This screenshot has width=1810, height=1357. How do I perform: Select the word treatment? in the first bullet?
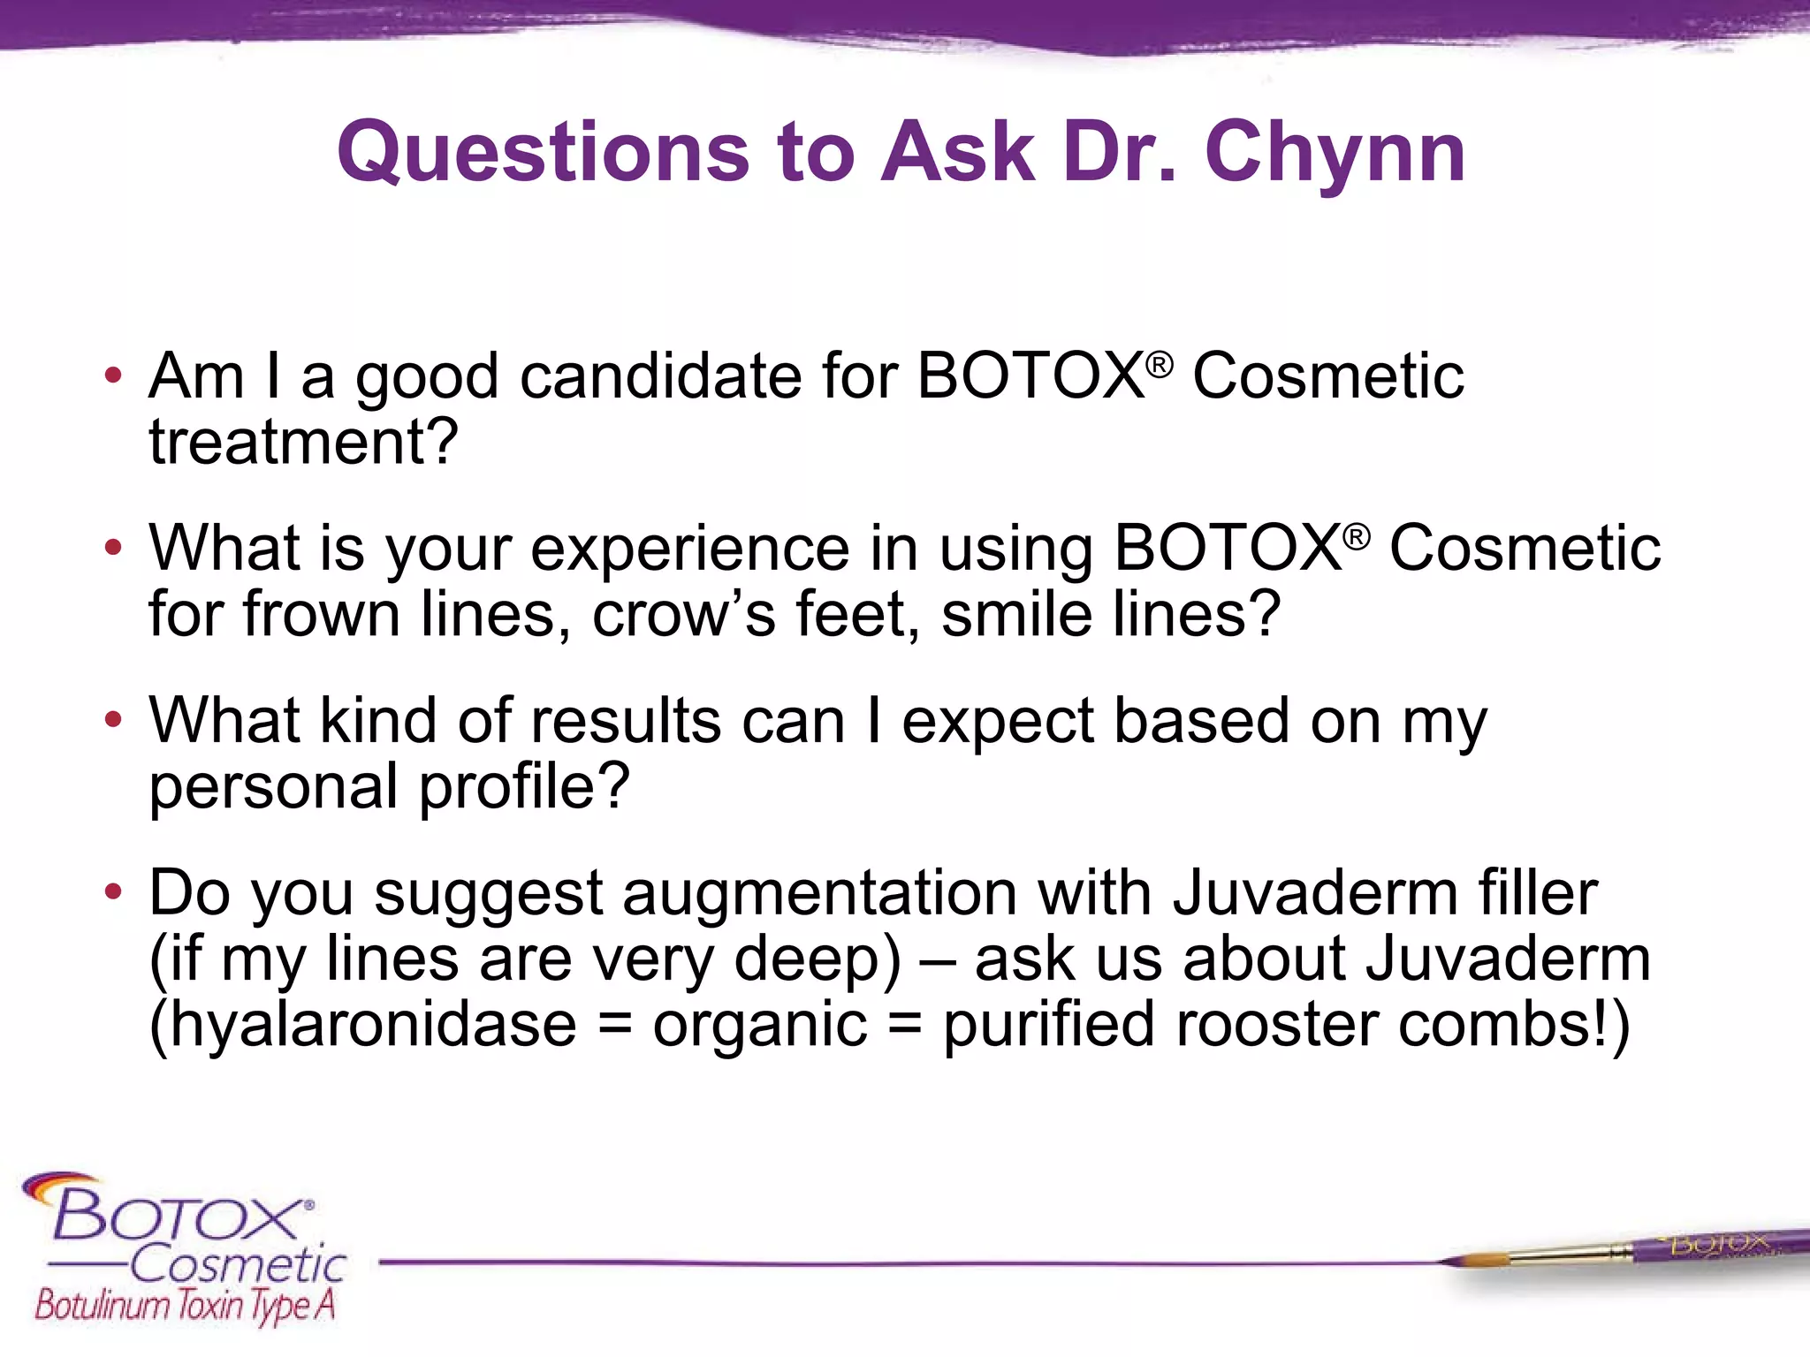click(x=303, y=442)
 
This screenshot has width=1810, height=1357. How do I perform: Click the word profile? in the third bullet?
click(x=523, y=786)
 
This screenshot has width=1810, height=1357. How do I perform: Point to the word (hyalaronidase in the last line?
click(x=362, y=1025)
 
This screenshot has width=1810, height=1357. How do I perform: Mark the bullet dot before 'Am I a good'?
click(x=112, y=375)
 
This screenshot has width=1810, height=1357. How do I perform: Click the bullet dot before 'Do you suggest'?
click(x=112, y=892)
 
